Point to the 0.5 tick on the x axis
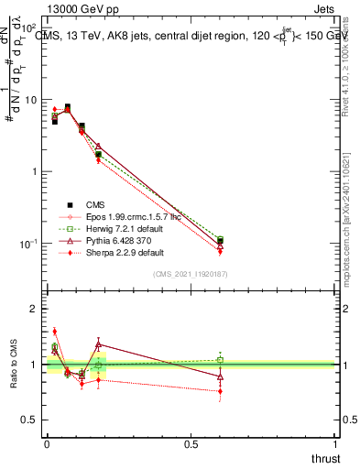pos(191,444)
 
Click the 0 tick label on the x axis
pos(47,444)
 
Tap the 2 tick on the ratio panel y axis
pos(35,309)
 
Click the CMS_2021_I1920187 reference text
pos(191,275)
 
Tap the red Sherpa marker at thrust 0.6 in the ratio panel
pos(220,391)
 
